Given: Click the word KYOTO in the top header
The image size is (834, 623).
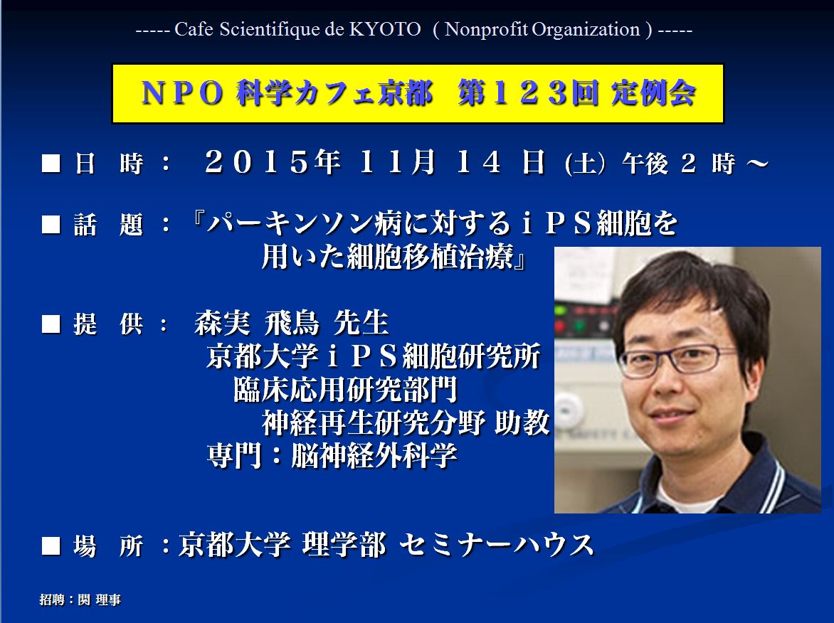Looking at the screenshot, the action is pos(384,29).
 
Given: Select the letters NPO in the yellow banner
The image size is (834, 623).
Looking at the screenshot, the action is pos(181,94).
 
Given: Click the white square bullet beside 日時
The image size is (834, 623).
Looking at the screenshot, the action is pos(51,163).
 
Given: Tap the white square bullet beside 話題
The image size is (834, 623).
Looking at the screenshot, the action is pos(51,224).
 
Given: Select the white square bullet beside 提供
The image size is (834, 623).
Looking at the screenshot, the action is pos(51,324).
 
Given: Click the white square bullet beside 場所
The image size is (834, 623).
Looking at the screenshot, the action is pos(51,545).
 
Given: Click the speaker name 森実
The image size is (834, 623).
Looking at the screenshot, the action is pos(222,323).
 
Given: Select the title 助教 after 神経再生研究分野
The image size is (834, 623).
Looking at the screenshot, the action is pos(522,423).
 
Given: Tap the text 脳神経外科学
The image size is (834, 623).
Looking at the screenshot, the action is pos(374,456).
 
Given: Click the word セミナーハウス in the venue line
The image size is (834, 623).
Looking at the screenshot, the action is pos(496,545).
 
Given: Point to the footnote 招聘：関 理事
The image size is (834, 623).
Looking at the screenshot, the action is pos(80,600).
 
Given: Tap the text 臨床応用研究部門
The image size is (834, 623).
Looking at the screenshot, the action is pos(345,390).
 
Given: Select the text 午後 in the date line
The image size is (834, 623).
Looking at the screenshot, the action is pos(645,164).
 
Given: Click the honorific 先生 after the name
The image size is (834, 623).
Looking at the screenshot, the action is pos(361,323).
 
